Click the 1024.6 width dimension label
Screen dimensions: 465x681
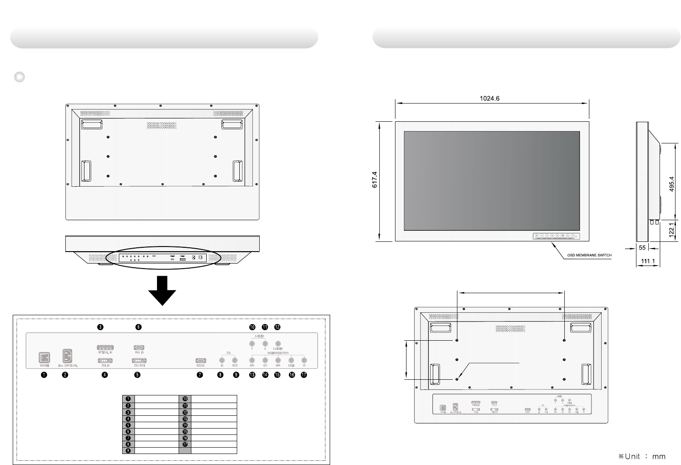coord(490,98)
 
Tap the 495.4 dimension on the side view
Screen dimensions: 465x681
coord(671,184)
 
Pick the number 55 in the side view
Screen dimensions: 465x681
coord(642,248)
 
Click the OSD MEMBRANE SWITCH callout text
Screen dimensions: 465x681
coord(589,255)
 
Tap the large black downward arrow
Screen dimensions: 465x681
coord(162,290)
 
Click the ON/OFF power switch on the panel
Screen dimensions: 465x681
coord(44,357)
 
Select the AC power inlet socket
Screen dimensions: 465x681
coord(67,355)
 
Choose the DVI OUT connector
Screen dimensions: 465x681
coord(138,360)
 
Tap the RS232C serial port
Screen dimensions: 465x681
coord(200,361)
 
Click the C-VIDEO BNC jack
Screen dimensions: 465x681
coord(277,344)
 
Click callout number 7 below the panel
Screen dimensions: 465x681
coord(200,375)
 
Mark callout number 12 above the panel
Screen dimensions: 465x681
coord(277,327)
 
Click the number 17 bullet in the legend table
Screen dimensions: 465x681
coord(185,444)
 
